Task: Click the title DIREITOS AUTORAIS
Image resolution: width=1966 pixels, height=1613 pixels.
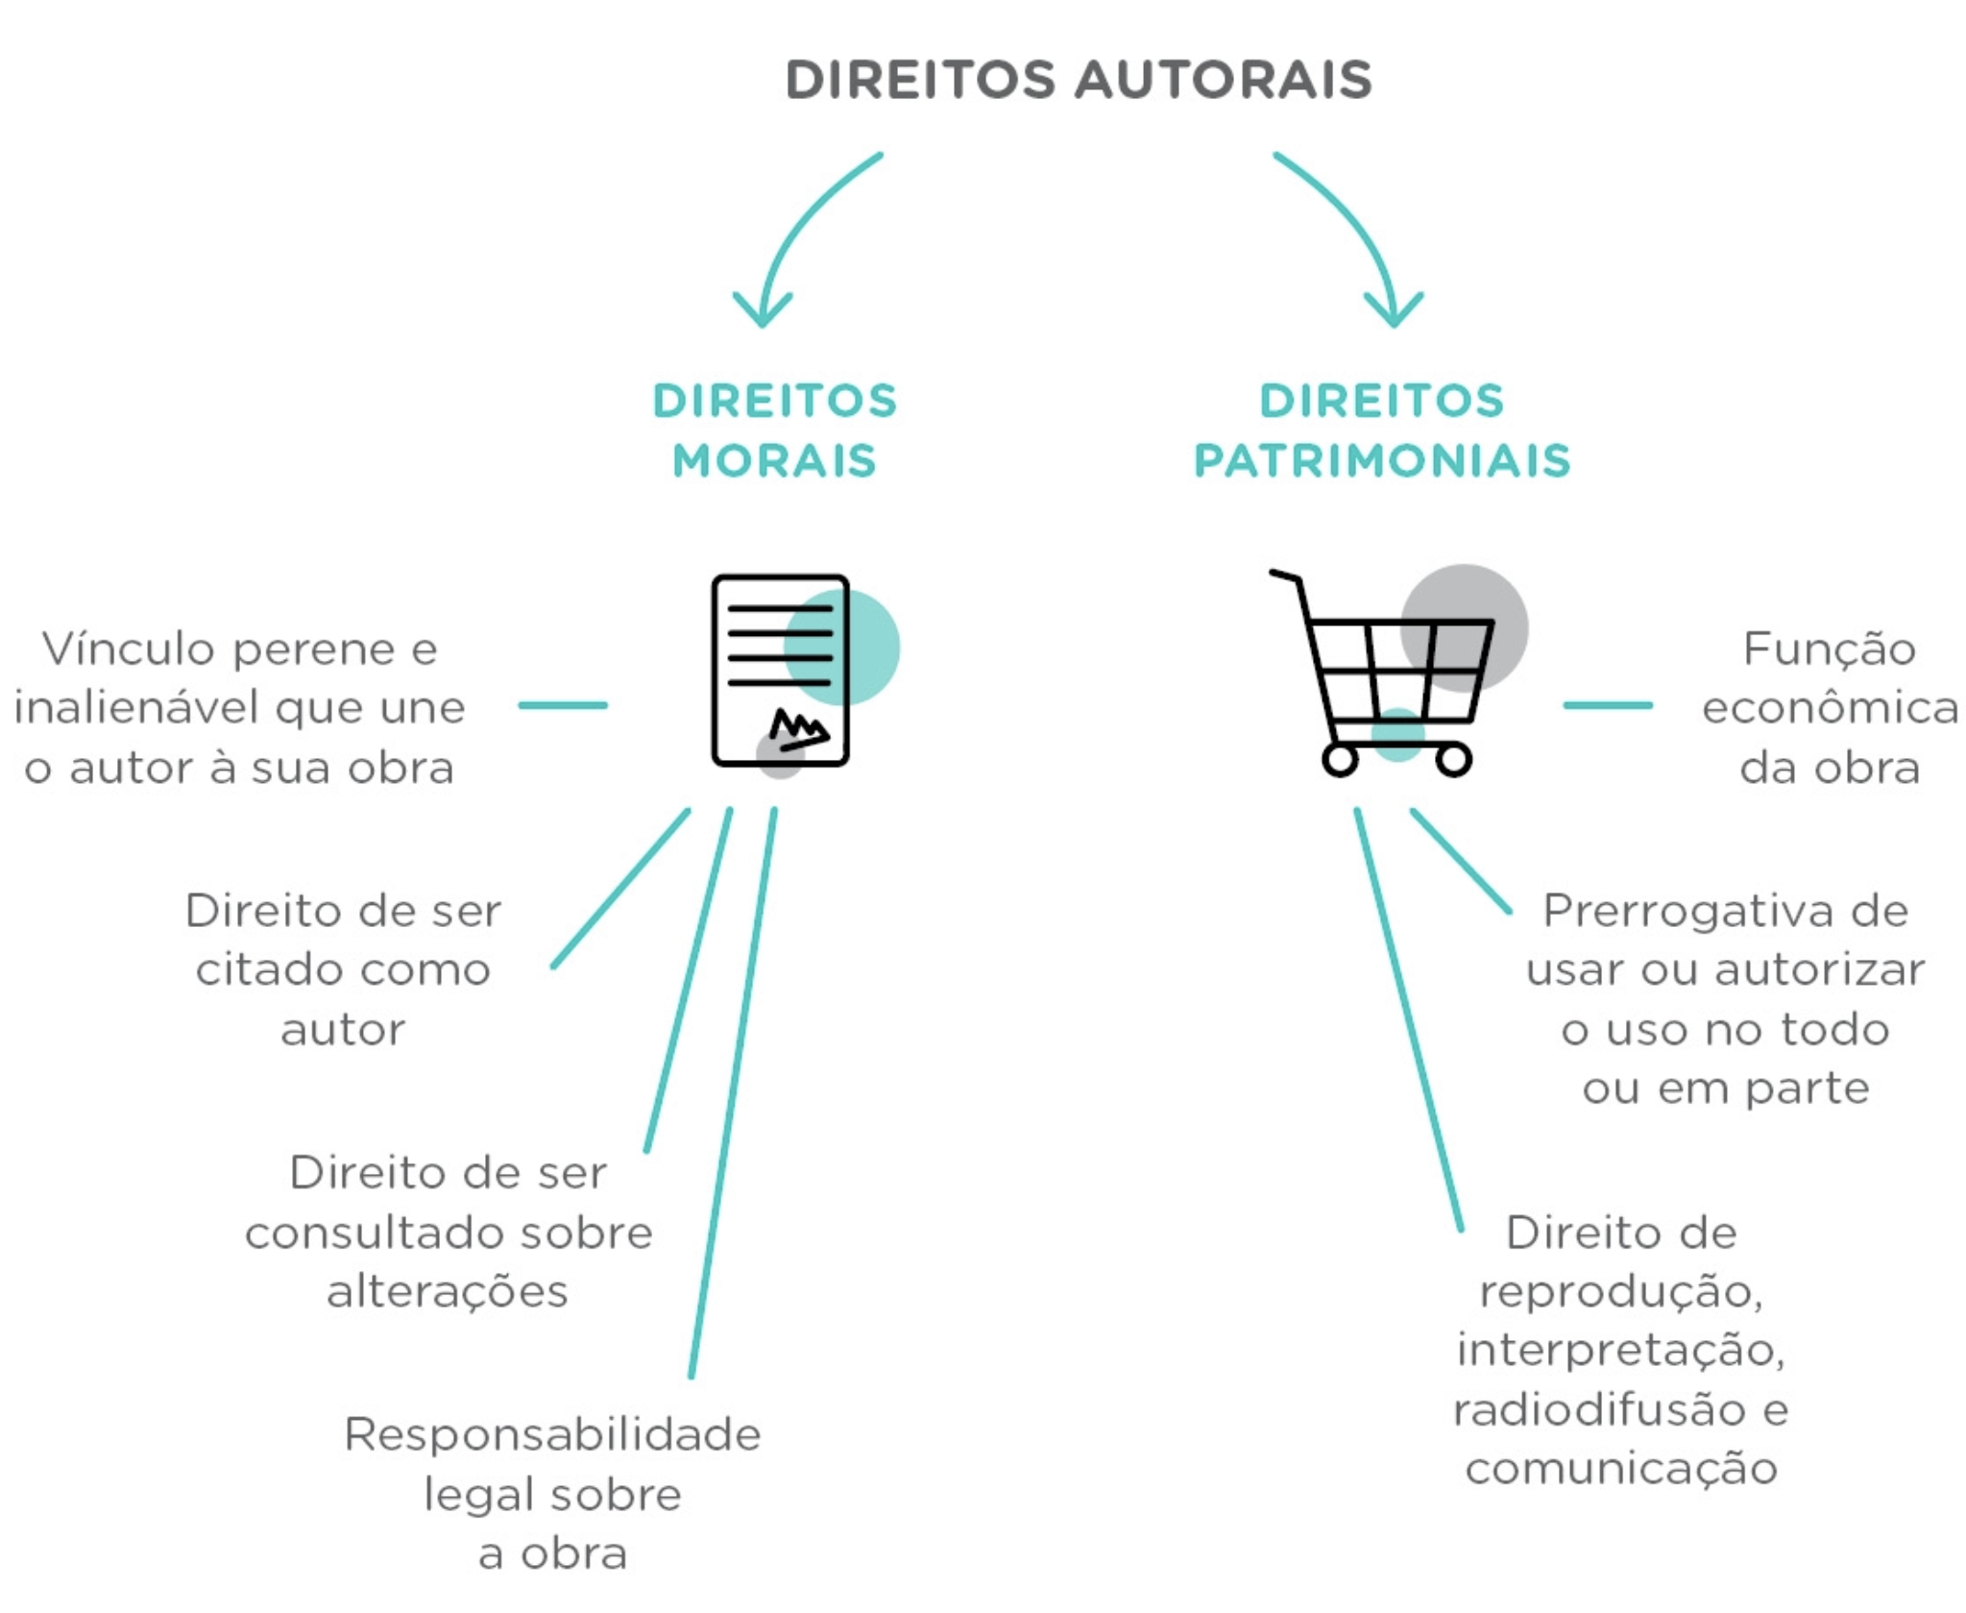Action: pos(1079,80)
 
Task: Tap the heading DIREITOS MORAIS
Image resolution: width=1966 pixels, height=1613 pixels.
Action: pos(774,430)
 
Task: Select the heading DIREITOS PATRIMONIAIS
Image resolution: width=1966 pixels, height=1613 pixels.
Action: pos(1381,430)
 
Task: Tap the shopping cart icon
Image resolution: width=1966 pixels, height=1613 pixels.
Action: pos(1383,672)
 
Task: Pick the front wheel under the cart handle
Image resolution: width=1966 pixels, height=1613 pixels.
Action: pos(1340,760)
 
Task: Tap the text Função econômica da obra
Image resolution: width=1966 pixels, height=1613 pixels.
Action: pos(1830,708)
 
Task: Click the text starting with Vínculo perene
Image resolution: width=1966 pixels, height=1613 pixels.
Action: pos(239,708)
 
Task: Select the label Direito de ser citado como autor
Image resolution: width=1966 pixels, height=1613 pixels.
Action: pos(343,969)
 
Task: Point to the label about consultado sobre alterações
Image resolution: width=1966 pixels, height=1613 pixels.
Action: pos(449,1232)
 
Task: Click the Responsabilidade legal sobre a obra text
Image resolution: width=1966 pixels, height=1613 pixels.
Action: pos(552,1494)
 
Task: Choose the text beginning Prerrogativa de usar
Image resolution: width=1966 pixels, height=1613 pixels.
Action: pos(1725,999)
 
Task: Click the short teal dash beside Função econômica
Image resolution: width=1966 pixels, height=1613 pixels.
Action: pos(1607,705)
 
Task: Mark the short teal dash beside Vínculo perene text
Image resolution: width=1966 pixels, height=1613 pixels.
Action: pos(563,705)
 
